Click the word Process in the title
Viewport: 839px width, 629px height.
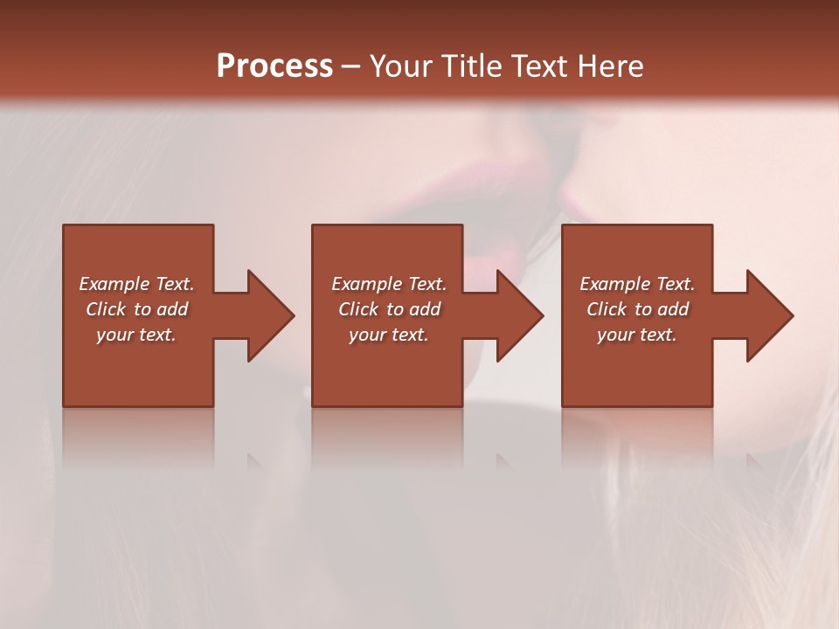coord(274,66)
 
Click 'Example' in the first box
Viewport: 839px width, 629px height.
coord(114,284)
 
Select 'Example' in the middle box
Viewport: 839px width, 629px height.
coord(366,284)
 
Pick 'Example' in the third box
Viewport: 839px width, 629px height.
coord(614,284)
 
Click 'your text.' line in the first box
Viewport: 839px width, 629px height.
coord(136,335)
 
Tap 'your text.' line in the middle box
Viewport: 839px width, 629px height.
coord(389,335)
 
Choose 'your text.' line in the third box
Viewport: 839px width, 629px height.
coord(637,335)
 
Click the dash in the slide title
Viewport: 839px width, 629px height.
coord(350,67)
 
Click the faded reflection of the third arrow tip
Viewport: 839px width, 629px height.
coord(754,461)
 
